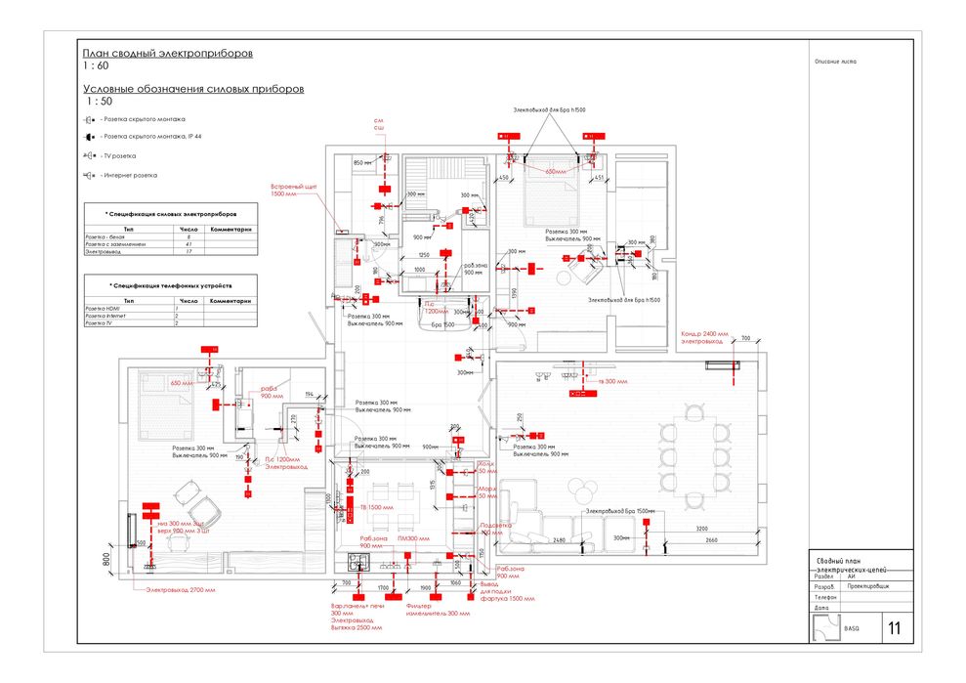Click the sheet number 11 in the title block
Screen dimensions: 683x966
(x=894, y=627)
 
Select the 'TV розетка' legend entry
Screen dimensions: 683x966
(x=119, y=156)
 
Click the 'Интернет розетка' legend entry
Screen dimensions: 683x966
(x=129, y=176)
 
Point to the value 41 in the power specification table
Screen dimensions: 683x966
(x=189, y=244)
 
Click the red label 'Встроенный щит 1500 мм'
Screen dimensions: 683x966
(x=290, y=190)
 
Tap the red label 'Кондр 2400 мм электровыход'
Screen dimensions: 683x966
(x=702, y=338)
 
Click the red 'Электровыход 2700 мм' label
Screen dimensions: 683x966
(x=181, y=590)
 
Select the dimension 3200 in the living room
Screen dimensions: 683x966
(x=701, y=528)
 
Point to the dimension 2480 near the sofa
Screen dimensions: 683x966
(x=559, y=539)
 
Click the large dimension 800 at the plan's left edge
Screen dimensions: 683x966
(x=106, y=560)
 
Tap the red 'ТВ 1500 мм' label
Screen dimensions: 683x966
(x=376, y=507)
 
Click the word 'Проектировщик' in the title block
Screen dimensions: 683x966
(x=867, y=585)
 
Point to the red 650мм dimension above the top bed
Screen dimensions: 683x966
(x=555, y=171)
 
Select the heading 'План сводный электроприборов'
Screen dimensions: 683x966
(x=167, y=54)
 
